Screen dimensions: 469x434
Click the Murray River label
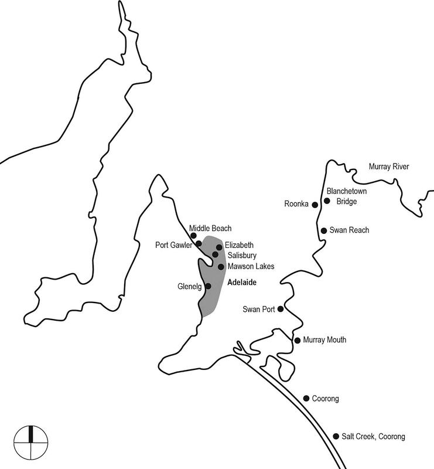(388, 167)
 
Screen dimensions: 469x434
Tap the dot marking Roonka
(315, 205)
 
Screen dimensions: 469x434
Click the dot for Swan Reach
(323, 230)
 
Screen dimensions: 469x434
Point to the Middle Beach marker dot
(186, 235)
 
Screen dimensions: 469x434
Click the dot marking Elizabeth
(219, 247)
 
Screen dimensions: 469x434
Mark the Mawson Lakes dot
(221, 267)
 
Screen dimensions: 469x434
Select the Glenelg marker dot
(208, 286)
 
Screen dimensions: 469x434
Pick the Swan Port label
(258, 309)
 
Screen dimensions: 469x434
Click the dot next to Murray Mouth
(298, 340)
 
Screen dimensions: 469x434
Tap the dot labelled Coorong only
(306, 398)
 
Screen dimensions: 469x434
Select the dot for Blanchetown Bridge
(327, 200)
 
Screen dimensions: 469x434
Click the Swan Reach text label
(350, 230)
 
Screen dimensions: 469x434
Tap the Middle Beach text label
(210, 228)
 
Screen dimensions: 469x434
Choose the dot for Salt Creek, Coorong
(336, 436)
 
